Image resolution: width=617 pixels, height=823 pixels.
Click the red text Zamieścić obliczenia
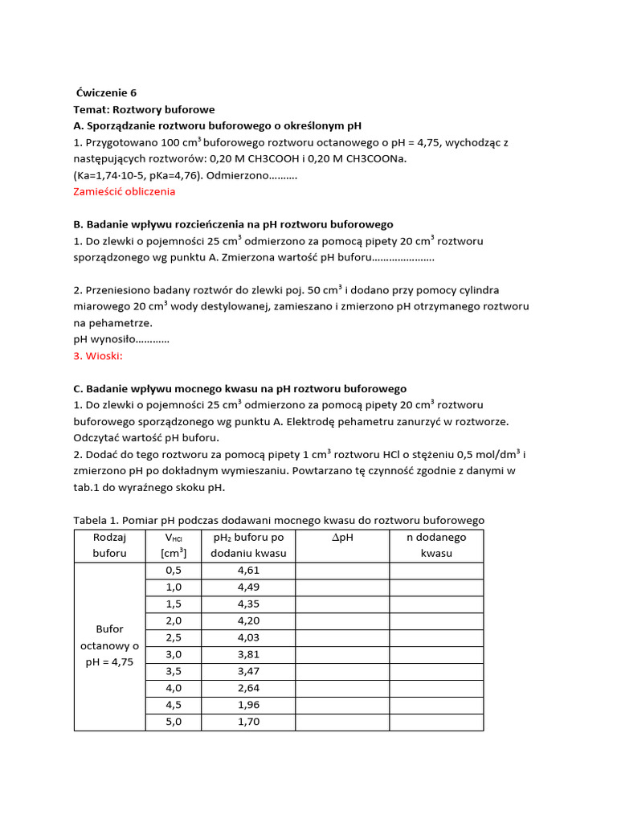[x=125, y=192]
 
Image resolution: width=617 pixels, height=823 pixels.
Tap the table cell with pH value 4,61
[x=249, y=571]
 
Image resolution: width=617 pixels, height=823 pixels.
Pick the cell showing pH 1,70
[x=249, y=722]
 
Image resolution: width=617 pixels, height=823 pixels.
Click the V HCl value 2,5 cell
[x=174, y=637]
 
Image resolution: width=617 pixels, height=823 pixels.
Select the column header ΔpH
[x=343, y=538]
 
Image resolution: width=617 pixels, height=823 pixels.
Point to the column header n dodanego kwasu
[x=436, y=546]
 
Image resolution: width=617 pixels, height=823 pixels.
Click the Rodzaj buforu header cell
[x=109, y=546]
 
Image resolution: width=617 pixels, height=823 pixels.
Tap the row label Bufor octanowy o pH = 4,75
[x=109, y=645]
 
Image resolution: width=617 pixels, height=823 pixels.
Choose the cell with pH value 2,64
[x=249, y=688]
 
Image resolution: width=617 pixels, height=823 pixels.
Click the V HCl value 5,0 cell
[x=174, y=722]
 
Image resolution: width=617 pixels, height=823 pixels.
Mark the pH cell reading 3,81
[x=249, y=654]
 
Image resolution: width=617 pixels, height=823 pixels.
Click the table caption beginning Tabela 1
[x=279, y=520]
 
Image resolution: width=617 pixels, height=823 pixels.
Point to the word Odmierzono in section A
[x=237, y=175]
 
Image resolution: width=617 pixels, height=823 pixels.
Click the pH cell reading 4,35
[x=249, y=604]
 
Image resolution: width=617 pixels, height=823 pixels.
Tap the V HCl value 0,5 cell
[x=174, y=571]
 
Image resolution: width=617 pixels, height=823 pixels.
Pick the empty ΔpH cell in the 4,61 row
[x=343, y=571]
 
